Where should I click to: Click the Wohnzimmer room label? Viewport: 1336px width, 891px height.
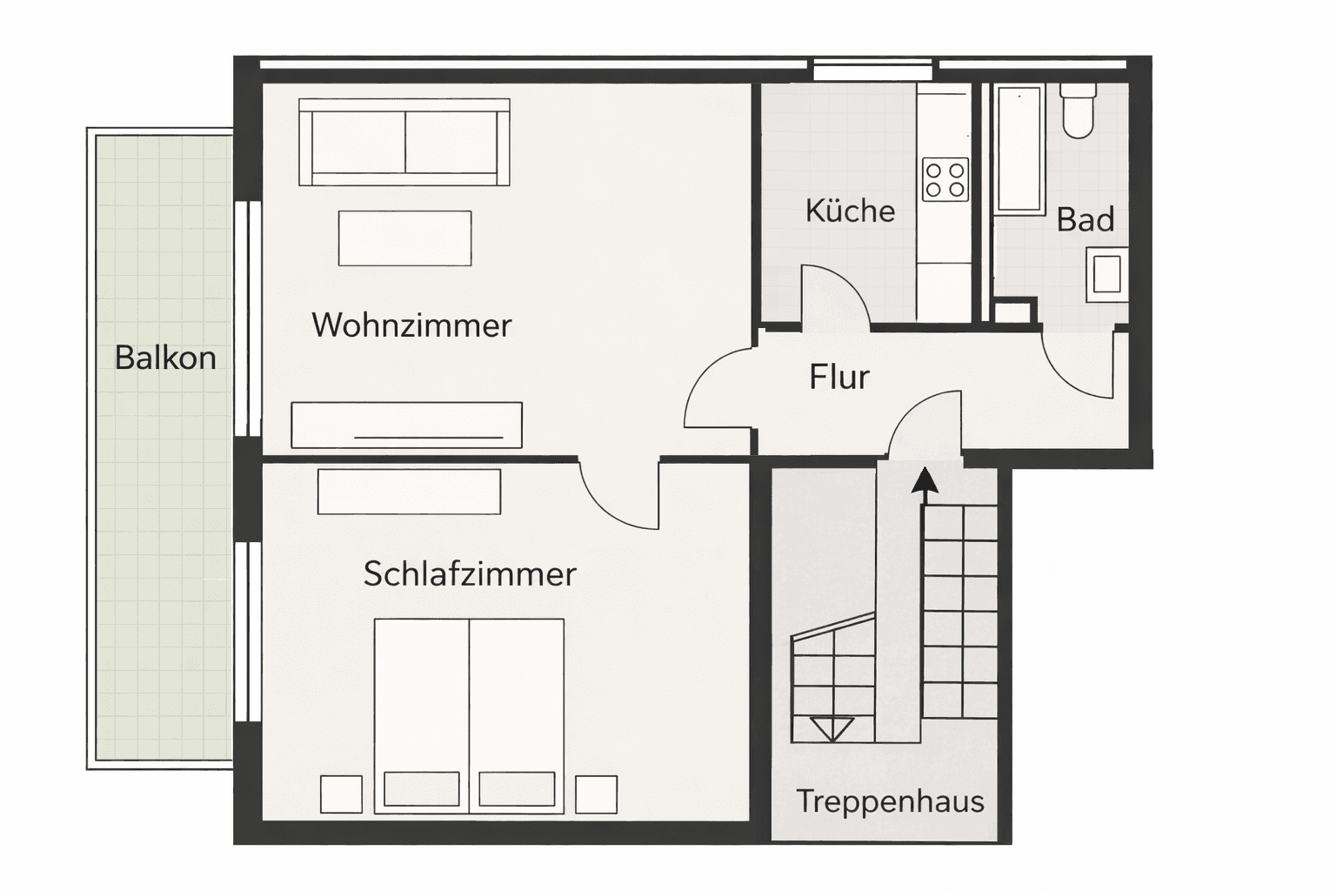pos(411,325)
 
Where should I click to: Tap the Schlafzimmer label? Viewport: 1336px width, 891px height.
pos(470,574)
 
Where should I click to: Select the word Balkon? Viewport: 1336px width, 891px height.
pos(165,358)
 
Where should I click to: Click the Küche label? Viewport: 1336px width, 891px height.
pos(850,211)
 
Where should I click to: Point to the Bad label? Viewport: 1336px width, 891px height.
pos(1085,219)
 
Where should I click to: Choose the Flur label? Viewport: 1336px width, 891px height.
pos(838,377)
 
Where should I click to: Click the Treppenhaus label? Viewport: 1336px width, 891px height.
pos(890,801)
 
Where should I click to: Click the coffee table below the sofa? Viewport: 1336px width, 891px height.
pos(405,238)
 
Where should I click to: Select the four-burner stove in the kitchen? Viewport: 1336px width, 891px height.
pos(945,179)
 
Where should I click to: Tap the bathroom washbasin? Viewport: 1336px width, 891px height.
pos(1107,273)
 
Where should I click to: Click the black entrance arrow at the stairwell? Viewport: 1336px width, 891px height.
pos(924,481)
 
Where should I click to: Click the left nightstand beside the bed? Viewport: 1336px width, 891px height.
pos(341,794)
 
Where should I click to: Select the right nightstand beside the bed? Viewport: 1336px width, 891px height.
pos(596,794)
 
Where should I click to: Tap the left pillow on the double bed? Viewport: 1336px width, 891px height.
pos(422,789)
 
